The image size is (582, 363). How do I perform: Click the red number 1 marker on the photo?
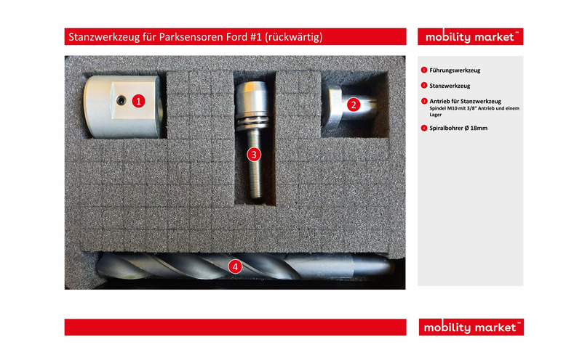(138, 101)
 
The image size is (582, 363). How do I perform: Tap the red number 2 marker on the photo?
(354, 105)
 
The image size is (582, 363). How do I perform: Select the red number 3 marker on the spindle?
(254, 155)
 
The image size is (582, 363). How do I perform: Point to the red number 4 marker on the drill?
(235, 266)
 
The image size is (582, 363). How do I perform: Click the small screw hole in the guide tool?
(120, 99)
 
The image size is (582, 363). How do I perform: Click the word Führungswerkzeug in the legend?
(455, 70)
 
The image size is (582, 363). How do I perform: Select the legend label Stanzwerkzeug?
(450, 86)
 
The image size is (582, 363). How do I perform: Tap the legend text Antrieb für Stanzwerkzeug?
(465, 101)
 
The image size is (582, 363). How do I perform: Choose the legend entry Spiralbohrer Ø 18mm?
(458, 129)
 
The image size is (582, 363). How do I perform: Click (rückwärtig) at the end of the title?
(294, 37)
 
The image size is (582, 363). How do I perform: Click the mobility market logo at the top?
(470, 37)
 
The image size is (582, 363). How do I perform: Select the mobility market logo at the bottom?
(471, 327)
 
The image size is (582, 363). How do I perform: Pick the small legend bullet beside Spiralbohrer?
(424, 129)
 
